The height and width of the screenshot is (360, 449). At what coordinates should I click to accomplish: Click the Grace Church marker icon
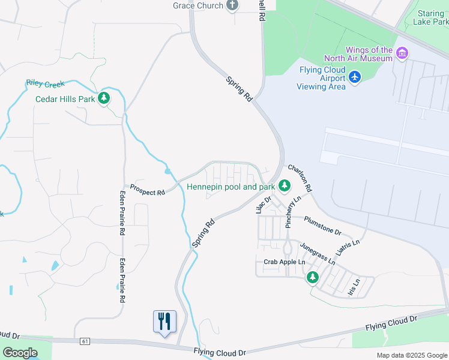[x=233, y=5]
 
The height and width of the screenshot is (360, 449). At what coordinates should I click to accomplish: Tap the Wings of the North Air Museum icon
[x=402, y=54]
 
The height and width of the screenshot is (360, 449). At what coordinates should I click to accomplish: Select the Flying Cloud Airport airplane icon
[x=355, y=77]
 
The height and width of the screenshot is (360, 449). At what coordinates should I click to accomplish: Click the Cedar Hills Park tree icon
[x=104, y=98]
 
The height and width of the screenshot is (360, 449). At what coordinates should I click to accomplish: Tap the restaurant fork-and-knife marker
[x=164, y=321]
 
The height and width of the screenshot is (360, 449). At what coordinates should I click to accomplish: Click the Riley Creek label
[x=45, y=84]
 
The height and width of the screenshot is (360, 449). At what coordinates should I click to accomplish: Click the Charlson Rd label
[x=300, y=178]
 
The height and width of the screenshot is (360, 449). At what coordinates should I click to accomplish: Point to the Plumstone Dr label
[x=323, y=226]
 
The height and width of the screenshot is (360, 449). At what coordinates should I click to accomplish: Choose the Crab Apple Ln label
[x=285, y=262]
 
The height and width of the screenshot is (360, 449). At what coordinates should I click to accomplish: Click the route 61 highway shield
[x=85, y=341]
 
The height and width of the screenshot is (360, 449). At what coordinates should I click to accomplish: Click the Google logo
[x=20, y=353]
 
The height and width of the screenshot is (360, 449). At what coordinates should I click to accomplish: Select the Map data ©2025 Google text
[x=412, y=355]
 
